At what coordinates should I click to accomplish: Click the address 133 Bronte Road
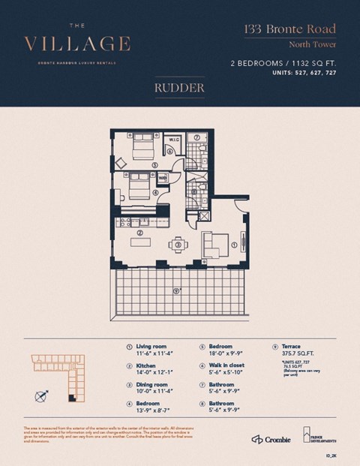pyautogui.click(x=289, y=30)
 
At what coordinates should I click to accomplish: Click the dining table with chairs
pyautogui.click(x=178, y=244)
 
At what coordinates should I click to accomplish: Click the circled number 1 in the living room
pyautogui.click(x=234, y=245)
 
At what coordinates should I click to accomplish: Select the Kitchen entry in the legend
pyautogui.click(x=146, y=364)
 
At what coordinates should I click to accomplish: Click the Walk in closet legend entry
pyautogui.click(x=220, y=364)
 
